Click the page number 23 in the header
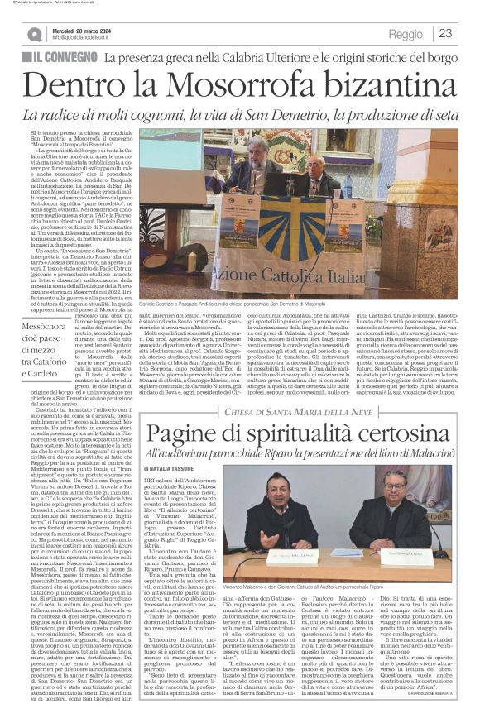[445, 34]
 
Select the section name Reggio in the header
[405, 35]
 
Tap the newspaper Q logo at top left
[35, 34]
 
